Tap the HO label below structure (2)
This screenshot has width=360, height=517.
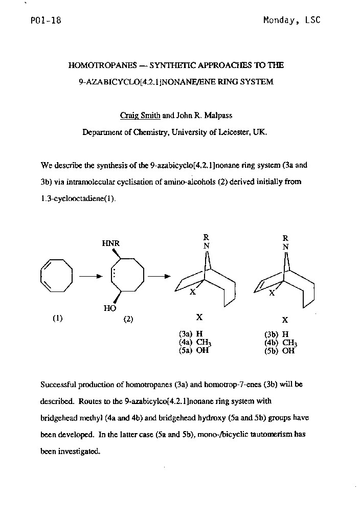110,308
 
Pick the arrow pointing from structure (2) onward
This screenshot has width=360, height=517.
159,276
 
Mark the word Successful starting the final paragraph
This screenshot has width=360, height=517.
58,384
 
